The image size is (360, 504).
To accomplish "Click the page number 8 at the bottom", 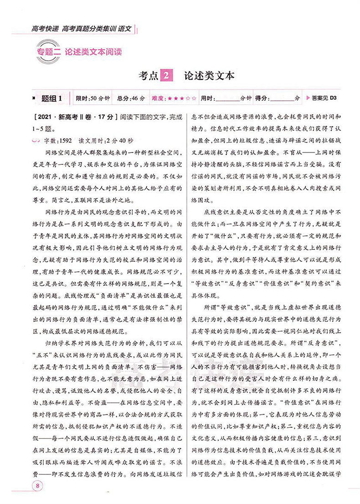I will coord(38,484).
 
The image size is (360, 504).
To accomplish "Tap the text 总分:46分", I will coord(131,98).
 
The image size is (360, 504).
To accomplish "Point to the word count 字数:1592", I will coord(57,137).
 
